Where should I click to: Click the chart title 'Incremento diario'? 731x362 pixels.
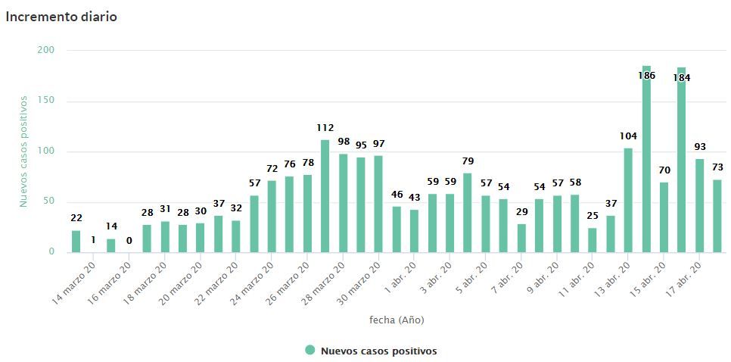tap(61, 16)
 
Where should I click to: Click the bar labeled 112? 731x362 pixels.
tap(325, 196)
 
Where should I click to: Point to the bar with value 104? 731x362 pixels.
tap(628, 200)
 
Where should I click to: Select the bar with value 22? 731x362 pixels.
tap(76, 242)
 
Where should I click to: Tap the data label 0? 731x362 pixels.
tap(129, 241)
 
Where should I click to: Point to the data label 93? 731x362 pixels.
tap(700, 147)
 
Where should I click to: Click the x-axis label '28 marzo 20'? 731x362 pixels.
tap(324, 282)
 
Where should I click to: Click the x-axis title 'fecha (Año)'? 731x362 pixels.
tap(397, 320)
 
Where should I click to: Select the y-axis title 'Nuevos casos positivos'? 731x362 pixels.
tap(24, 151)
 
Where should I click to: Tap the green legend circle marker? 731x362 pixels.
tap(310, 351)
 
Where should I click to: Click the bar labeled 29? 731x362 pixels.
tap(521, 238)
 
